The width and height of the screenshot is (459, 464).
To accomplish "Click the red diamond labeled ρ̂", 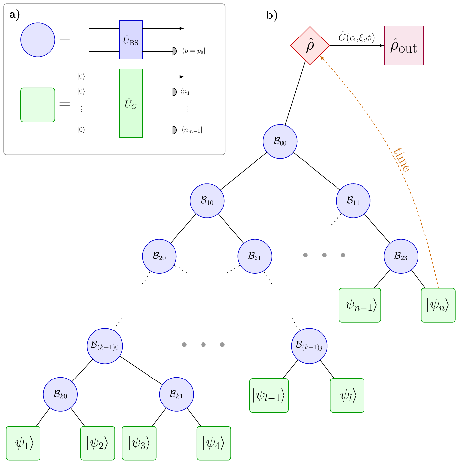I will point(310,46).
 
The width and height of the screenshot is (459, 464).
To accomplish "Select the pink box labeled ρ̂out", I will point(404,46).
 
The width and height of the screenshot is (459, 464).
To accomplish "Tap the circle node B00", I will point(280,141).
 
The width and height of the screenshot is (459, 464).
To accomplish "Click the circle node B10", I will point(207,201).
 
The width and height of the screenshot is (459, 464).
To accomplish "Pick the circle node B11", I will point(353,201).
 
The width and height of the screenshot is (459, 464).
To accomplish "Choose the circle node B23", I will point(401,256).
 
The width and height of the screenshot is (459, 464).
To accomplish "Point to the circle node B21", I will point(255,256).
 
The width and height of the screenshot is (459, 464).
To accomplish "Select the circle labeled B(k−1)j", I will point(309,346).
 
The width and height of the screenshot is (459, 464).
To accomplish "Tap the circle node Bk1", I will point(176,394).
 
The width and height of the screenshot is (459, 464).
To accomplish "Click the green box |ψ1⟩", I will point(23,443).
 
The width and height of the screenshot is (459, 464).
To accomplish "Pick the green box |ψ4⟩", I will point(214,443).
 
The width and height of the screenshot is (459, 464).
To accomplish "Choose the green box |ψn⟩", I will point(438,305).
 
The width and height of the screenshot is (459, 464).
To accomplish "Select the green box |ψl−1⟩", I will point(269,395).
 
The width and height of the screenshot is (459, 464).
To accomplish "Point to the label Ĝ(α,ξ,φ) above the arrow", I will point(357,37).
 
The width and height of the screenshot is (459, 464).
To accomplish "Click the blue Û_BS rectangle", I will point(131,40).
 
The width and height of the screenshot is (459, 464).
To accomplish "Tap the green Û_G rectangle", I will point(131,103).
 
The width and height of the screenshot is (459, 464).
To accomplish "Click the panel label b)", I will point(272,15).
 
